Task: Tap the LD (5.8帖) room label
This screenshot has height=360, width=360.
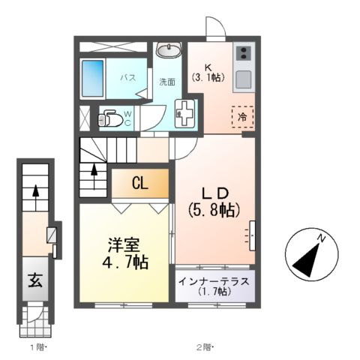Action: pos(214,199)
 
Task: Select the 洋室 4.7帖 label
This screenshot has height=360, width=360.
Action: pos(126,253)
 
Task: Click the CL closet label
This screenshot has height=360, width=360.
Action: pos(140,183)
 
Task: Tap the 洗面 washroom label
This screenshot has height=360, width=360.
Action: pos(166,82)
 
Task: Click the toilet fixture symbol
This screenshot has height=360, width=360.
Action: pos(109,118)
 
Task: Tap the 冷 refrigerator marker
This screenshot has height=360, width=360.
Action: pos(242,116)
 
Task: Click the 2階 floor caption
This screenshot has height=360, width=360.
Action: pos(205,346)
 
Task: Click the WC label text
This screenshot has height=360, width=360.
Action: pos(127,118)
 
